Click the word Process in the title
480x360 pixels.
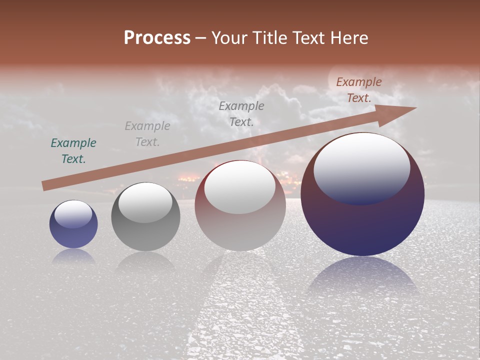click(x=157, y=38)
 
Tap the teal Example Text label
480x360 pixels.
click(x=73, y=151)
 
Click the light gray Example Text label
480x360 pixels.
click(x=147, y=134)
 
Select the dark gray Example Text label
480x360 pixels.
click(x=241, y=113)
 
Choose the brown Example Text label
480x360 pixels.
click(x=358, y=90)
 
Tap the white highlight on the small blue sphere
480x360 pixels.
click(x=73, y=214)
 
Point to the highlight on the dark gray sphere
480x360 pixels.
click(x=145, y=202)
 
